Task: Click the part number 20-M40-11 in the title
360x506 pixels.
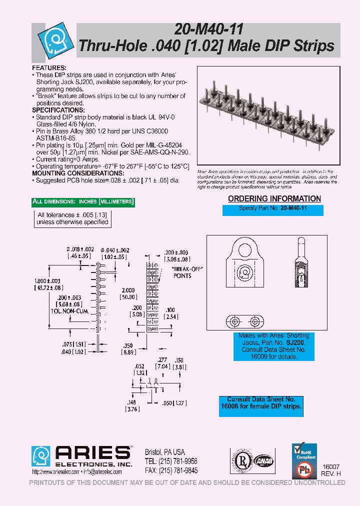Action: tap(205, 30)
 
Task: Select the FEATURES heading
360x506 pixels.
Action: tap(49, 67)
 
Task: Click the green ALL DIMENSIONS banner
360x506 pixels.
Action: tap(83, 202)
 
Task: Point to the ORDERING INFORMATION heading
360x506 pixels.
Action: tap(274, 198)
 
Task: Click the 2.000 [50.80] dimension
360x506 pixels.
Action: tap(128, 293)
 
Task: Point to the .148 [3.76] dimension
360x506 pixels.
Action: tap(131, 405)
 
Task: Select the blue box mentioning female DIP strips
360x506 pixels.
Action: tap(261, 403)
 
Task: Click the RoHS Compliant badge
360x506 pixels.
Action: tap(304, 452)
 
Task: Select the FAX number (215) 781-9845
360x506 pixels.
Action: tap(170, 470)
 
